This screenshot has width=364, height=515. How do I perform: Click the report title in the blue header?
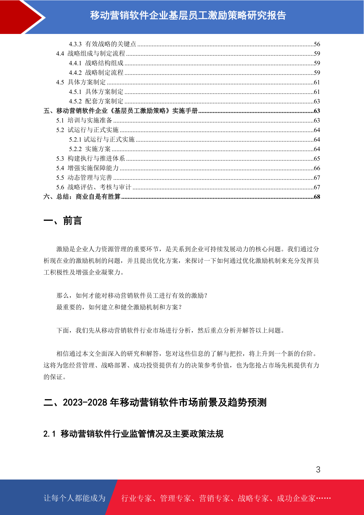(x=188, y=15)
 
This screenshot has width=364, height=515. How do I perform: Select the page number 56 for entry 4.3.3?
(x=317, y=44)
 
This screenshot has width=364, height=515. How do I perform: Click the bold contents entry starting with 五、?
(x=121, y=111)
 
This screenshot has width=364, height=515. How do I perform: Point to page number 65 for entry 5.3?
(x=317, y=158)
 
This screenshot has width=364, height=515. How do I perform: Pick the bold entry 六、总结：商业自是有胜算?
(x=82, y=197)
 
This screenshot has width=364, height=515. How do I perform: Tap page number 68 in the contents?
(x=317, y=197)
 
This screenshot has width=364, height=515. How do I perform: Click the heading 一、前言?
(x=63, y=220)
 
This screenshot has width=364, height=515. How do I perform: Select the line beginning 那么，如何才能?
(x=132, y=295)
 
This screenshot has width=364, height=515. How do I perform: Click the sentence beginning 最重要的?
(x=119, y=307)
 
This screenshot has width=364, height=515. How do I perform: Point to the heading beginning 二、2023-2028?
(x=155, y=402)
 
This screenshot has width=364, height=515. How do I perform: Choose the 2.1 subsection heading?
(x=133, y=434)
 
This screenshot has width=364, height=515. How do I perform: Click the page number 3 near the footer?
(x=318, y=469)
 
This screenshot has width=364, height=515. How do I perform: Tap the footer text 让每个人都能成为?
(x=75, y=498)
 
